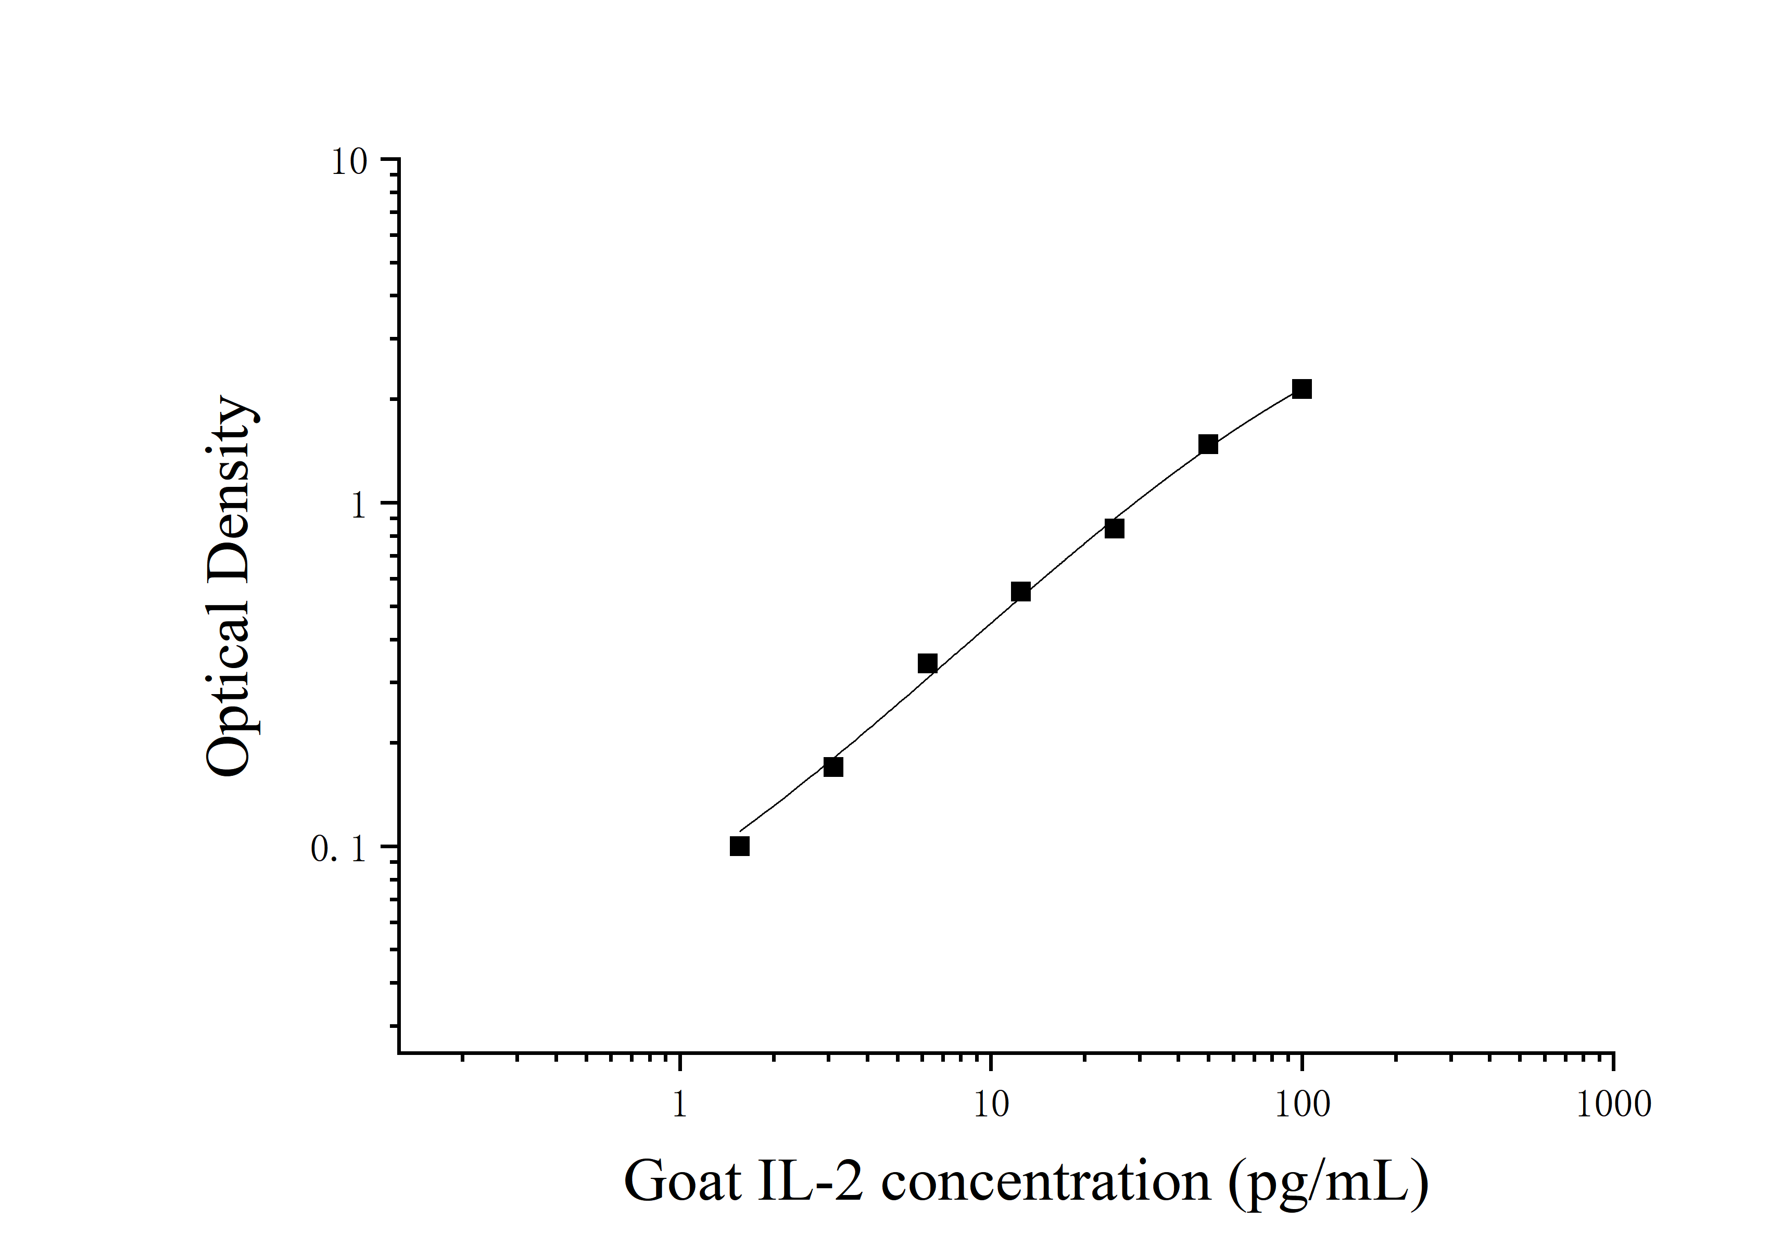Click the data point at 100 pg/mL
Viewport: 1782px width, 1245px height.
[x=1301, y=389]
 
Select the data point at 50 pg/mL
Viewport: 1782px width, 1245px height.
[x=1208, y=444]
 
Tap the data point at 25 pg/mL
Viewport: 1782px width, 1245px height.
[x=1114, y=529]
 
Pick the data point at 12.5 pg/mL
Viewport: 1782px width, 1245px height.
[x=1020, y=592]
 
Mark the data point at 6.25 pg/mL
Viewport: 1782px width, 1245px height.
[x=927, y=663]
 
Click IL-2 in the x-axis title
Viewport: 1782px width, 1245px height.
[x=810, y=1182]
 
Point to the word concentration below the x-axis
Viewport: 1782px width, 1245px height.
[x=1045, y=1182]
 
